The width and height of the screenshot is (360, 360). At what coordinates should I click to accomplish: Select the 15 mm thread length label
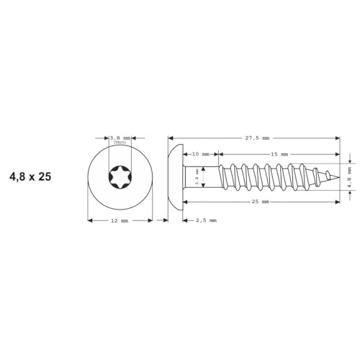coord(279,154)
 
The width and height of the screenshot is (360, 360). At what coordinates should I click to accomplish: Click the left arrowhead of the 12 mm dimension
coord(89,220)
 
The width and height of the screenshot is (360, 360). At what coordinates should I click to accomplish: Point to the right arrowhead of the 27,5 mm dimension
coord(336,137)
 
